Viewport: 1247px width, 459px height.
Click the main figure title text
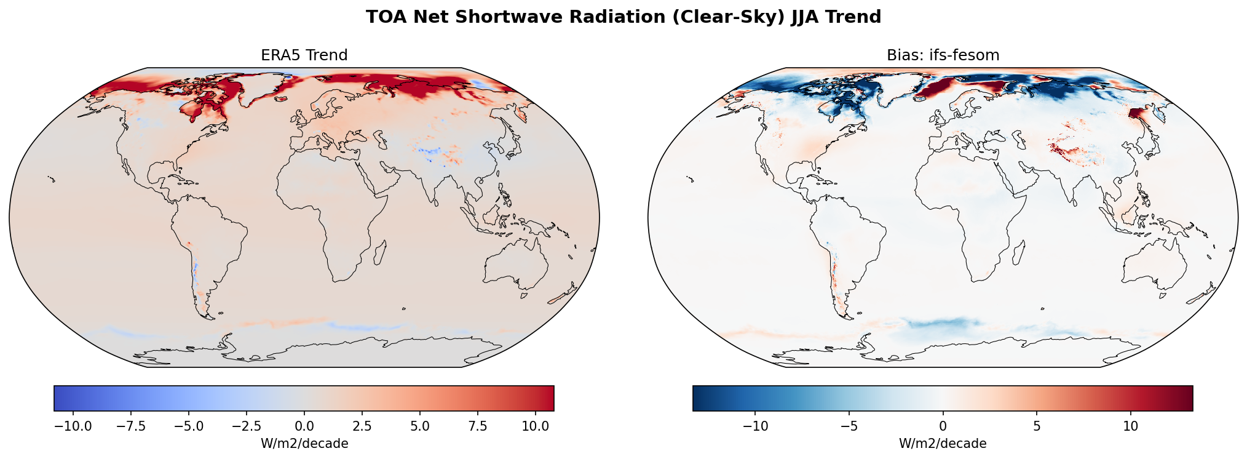(x=623, y=17)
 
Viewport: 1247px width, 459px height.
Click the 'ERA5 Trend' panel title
(x=304, y=55)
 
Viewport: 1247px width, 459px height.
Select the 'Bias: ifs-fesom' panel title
(x=943, y=55)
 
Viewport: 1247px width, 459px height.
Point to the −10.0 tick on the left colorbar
(x=73, y=426)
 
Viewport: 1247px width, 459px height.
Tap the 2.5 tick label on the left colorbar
(x=362, y=426)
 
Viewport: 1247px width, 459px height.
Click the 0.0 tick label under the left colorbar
(x=304, y=426)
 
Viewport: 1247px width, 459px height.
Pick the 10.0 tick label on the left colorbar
(x=536, y=426)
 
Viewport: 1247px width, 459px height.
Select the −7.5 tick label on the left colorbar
(x=131, y=426)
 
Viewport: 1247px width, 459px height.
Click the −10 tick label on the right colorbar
(x=756, y=426)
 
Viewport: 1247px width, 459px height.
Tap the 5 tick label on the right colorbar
(x=1037, y=426)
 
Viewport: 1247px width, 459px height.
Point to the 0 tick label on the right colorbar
(x=943, y=426)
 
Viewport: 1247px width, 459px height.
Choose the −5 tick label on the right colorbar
(x=849, y=426)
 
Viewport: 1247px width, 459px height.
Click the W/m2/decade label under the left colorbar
(x=304, y=444)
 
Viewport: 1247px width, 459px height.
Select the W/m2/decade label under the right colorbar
(x=943, y=444)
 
